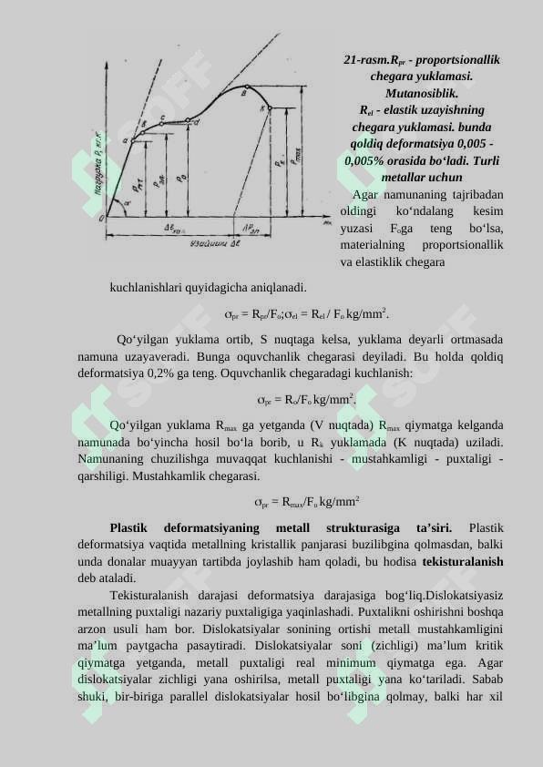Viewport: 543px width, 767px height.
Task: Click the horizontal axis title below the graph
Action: [x=214, y=244]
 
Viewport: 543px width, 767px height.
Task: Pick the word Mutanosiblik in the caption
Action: [x=421, y=93]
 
